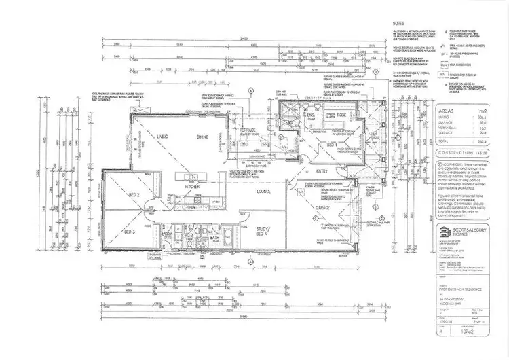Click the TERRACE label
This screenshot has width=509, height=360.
pos(242,130)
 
